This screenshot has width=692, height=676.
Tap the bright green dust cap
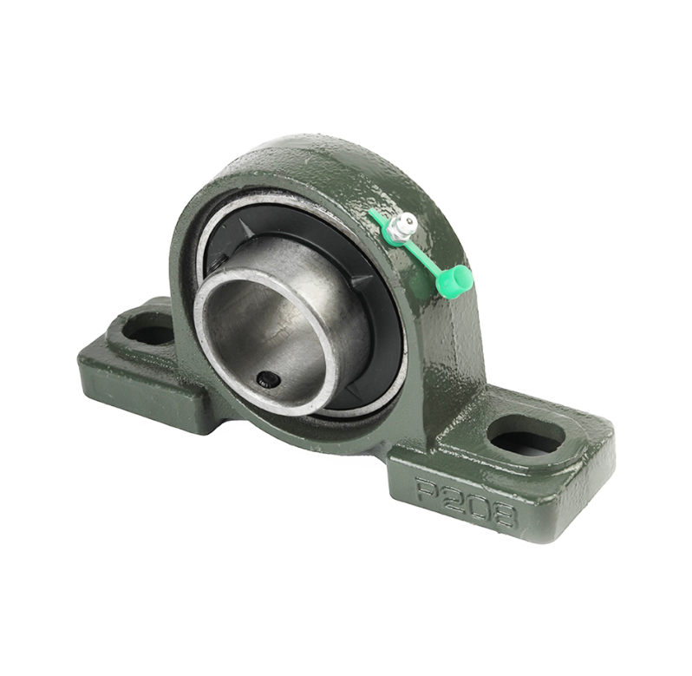pos(454,280)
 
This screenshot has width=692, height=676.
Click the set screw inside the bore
pos(267,379)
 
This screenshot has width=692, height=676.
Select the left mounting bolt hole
pos(149,329)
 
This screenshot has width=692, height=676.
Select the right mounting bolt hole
pos(526,434)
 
